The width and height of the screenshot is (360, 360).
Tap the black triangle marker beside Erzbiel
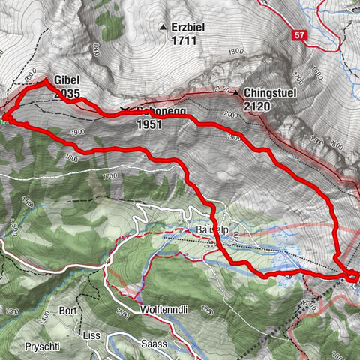[163, 28]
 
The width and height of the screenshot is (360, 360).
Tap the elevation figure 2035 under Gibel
[67, 95]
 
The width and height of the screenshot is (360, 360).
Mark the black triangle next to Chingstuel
[236, 94]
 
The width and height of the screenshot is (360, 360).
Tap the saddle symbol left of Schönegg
[124, 108]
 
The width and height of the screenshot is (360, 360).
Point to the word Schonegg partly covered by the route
[161, 111]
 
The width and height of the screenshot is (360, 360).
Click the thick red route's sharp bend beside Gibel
[46, 81]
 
